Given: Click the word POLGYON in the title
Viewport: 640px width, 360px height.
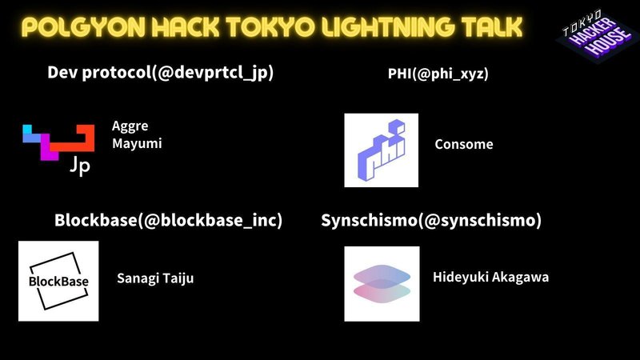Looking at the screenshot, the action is click(83, 27).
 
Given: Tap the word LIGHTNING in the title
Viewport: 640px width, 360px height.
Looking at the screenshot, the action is click(387, 27).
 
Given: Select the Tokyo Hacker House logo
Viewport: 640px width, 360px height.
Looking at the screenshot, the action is click(597, 35).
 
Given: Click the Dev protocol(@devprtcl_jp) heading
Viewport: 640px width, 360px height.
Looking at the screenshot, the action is click(161, 73).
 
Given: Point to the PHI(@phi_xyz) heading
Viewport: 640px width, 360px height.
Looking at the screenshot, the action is click(438, 74).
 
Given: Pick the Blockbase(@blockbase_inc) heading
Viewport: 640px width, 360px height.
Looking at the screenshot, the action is click(168, 221).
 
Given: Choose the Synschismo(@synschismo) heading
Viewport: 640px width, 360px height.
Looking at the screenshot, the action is click(431, 221).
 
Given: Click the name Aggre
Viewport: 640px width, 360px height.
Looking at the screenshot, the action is click(130, 126).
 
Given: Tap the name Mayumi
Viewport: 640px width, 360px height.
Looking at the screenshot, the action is click(137, 144).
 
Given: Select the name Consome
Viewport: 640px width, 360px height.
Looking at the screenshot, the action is click(464, 144).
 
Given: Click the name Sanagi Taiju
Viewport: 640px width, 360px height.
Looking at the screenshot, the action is click(155, 278).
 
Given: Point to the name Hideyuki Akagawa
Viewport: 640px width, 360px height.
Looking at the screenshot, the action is click(490, 277).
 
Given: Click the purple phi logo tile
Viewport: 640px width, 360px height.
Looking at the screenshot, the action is click(382, 150).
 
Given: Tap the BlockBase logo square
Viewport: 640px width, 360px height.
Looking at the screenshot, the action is click(58, 281).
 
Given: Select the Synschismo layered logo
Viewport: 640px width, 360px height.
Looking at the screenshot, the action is click(382, 284).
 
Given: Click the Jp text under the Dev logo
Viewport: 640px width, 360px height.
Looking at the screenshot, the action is click(80, 166).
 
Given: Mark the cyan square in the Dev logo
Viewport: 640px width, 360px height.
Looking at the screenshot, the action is click(27, 130).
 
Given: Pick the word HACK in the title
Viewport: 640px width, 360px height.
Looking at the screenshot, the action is click(186, 27).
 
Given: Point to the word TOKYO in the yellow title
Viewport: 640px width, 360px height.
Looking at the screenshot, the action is click(270, 27).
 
